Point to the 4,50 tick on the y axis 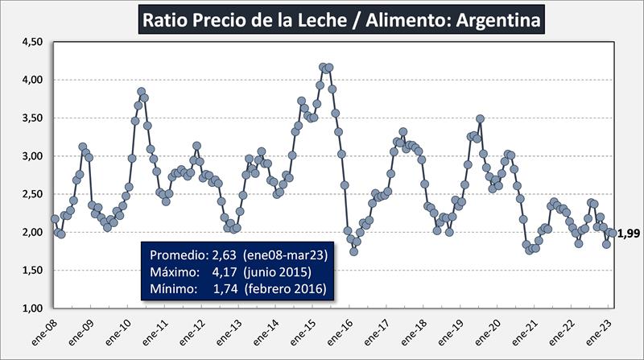pos(30,42)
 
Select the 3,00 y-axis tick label pos(30,156)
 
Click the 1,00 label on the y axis pos(30,308)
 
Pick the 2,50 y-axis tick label pos(30,194)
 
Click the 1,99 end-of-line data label pos(629,234)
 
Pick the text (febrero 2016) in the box pos(286,288)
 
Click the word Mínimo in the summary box pos(173,288)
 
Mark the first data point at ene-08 pos(55,219)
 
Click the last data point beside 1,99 pos(613,233)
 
